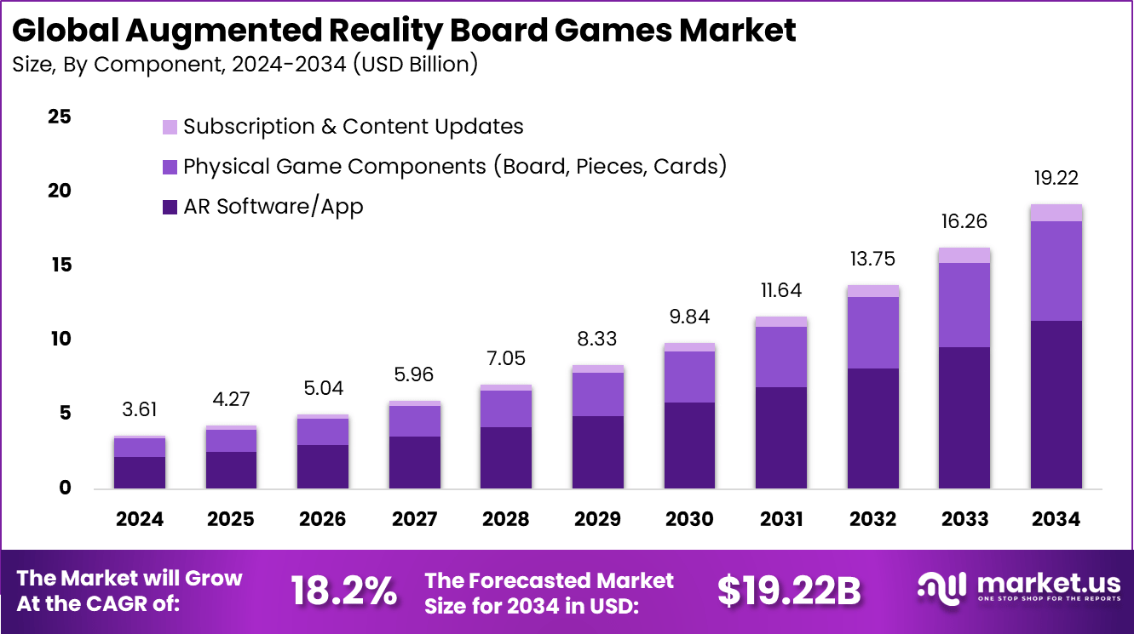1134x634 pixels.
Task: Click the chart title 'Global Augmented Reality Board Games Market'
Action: point(404,30)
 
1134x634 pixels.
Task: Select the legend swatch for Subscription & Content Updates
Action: point(170,127)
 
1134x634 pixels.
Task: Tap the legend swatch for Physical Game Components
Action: point(170,167)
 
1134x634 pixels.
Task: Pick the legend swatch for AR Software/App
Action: point(170,207)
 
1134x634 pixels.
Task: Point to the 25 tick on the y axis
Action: point(59,117)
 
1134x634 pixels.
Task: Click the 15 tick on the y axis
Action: point(59,266)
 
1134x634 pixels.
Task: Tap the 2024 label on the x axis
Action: point(139,519)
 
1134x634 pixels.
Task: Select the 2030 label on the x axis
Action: point(688,519)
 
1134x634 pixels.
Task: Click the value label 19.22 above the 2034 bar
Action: point(1056,179)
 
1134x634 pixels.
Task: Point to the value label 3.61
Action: point(139,409)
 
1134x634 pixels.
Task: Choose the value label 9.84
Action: point(688,317)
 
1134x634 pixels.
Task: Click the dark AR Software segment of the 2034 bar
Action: point(1056,404)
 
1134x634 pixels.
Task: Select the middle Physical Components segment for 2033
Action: point(964,305)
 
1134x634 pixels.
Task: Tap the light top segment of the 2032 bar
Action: point(872,291)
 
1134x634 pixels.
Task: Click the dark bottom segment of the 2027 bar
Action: point(414,462)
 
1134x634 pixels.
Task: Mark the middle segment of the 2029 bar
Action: point(597,394)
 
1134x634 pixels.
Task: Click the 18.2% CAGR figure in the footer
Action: point(343,591)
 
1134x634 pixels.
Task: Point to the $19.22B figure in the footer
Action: point(789,591)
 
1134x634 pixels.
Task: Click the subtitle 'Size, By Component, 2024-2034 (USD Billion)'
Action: point(245,65)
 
